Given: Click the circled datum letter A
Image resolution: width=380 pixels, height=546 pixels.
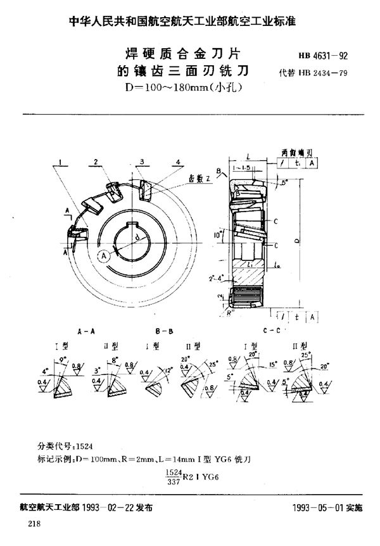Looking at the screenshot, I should pyautogui.click(x=103, y=255).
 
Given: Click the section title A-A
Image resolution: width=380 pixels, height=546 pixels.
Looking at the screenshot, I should pyautogui.click(x=87, y=331).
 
